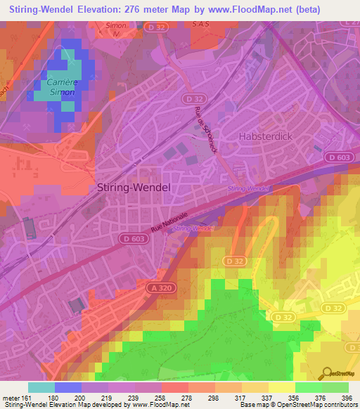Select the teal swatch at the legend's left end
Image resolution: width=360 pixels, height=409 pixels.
pos(41,387)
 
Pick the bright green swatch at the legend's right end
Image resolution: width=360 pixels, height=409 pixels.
pos(335,387)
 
